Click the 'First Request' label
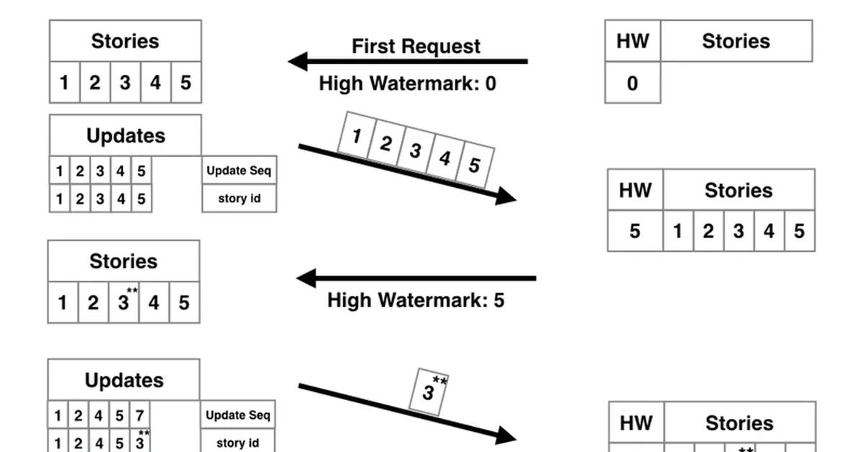pyautogui.click(x=416, y=46)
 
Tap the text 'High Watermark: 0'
pyautogui.click(x=407, y=83)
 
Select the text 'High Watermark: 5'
pyautogui.click(x=416, y=299)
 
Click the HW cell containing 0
pyautogui.click(x=632, y=83)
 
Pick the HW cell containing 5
pyautogui.click(x=635, y=231)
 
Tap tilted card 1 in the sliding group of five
pyautogui.click(x=356, y=135)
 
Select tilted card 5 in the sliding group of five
pyautogui.click(x=475, y=164)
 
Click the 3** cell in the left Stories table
pyautogui.click(x=124, y=302)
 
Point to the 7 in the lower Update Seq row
pyautogui.click(x=140, y=415)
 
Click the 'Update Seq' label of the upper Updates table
pyautogui.click(x=239, y=171)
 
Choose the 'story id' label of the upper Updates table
pyautogui.click(x=239, y=198)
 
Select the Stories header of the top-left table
pyautogui.click(x=125, y=41)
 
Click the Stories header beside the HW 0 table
pyautogui.click(x=736, y=41)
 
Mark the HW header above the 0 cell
pyautogui.click(x=632, y=41)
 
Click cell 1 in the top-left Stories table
pyautogui.click(x=64, y=83)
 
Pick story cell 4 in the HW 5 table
pyautogui.click(x=769, y=231)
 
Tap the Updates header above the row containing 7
pyautogui.click(x=124, y=380)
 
